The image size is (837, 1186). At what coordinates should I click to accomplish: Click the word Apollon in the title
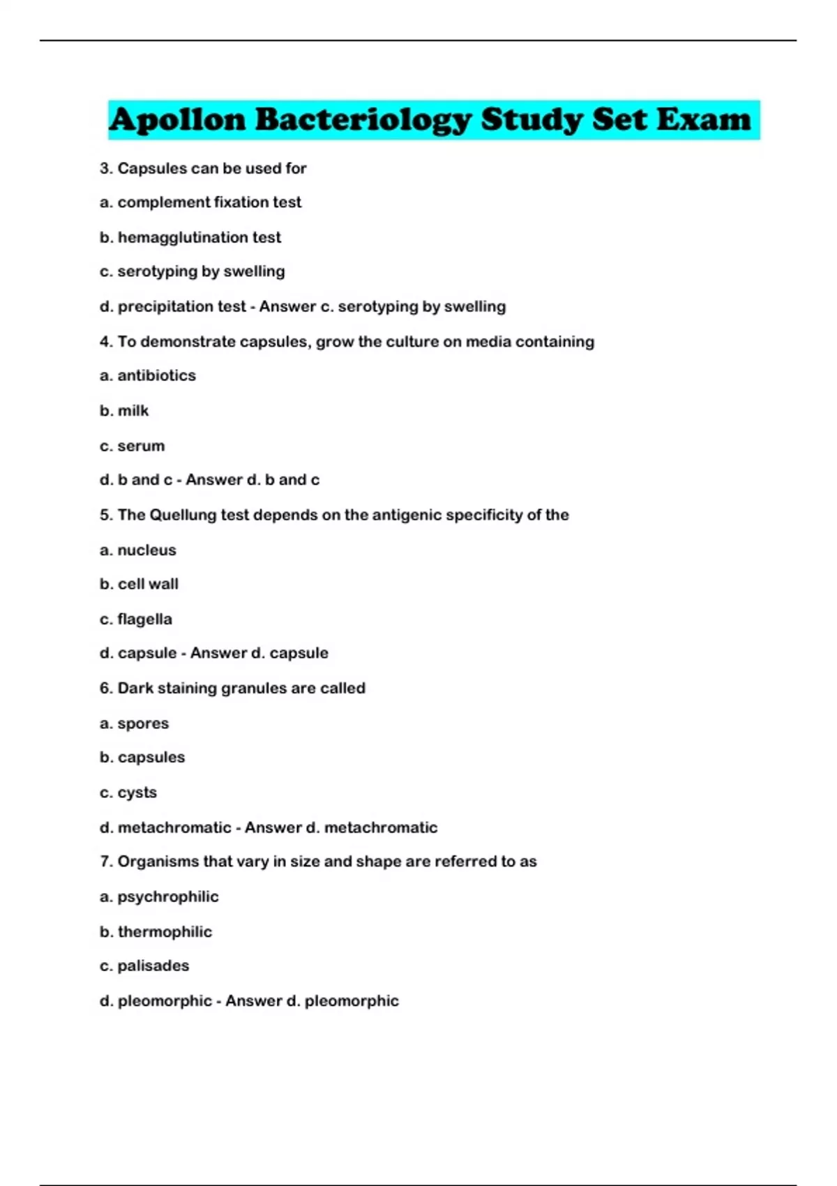pyautogui.click(x=178, y=120)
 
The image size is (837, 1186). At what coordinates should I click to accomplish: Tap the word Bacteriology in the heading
pyautogui.click(x=363, y=120)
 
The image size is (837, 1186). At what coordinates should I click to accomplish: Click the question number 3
pyautogui.click(x=105, y=168)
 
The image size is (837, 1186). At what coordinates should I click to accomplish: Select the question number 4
pyautogui.click(x=105, y=342)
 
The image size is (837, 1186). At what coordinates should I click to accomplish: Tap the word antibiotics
pyautogui.click(x=156, y=375)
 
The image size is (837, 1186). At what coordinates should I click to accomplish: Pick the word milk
pyautogui.click(x=133, y=411)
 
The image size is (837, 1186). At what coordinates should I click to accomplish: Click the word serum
pyautogui.click(x=141, y=446)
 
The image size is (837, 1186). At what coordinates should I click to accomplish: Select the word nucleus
pyautogui.click(x=146, y=550)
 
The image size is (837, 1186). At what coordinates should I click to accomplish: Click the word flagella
pyautogui.click(x=144, y=620)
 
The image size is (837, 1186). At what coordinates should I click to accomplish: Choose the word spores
pyautogui.click(x=143, y=723)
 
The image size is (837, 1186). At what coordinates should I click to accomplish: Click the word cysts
pyautogui.click(x=137, y=793)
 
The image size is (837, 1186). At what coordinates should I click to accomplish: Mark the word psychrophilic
pyautogui.click(x=167, y=896)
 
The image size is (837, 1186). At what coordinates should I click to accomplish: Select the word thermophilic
pyautogui.click(x=165, y=931)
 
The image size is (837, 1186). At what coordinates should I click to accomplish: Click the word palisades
pyautogui.click(x=153, y=966)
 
